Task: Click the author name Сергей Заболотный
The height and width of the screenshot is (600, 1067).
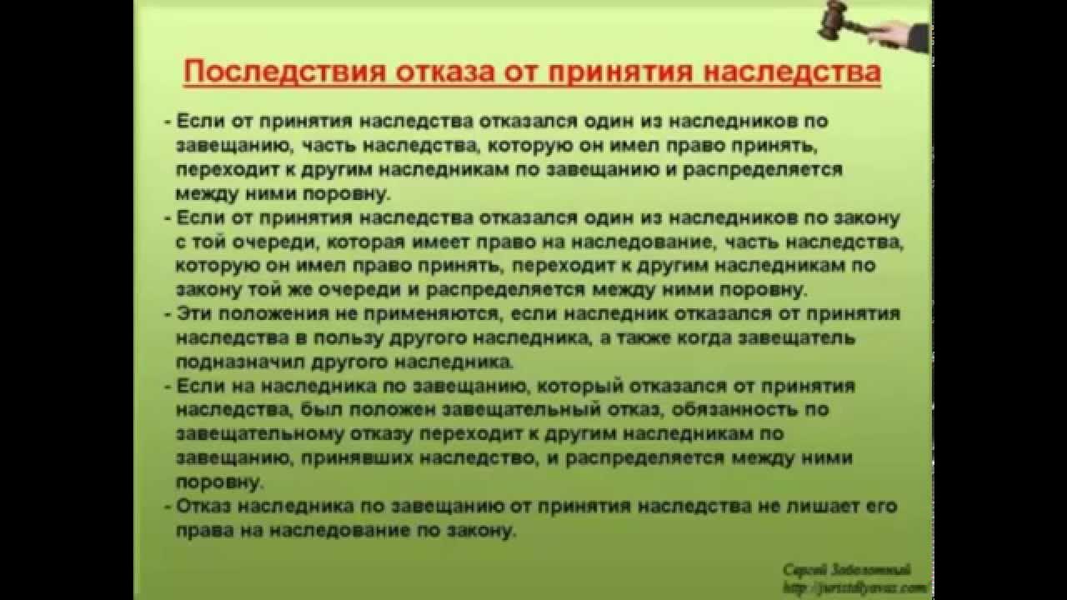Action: (845, 570)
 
